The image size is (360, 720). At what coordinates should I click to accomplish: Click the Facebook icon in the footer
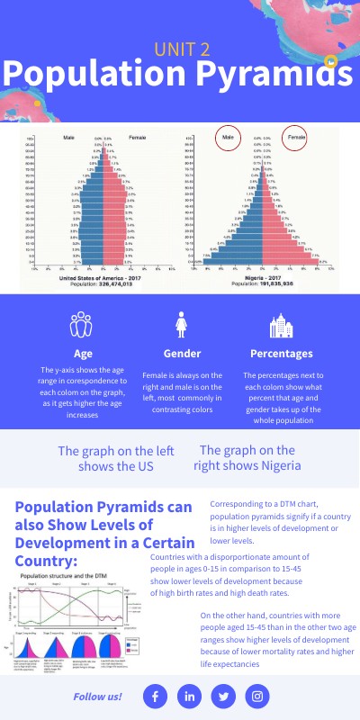155,696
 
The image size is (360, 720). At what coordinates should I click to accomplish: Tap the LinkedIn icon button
189,696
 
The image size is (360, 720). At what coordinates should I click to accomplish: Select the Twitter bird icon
223,696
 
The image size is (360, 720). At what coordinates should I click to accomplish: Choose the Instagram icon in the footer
257,696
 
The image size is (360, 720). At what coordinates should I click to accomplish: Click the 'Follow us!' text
98,697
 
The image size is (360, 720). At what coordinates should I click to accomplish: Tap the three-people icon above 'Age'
83,325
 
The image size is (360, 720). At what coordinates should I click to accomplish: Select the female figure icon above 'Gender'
182,325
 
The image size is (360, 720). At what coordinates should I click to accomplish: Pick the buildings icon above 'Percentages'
282,325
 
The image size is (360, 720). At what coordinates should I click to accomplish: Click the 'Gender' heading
182,354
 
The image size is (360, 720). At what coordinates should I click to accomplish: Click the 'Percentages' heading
282,354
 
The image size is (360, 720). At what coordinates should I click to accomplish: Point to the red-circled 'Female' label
294,138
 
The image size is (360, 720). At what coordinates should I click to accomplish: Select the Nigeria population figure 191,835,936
263,284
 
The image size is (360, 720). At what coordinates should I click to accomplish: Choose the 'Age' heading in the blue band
83,354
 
